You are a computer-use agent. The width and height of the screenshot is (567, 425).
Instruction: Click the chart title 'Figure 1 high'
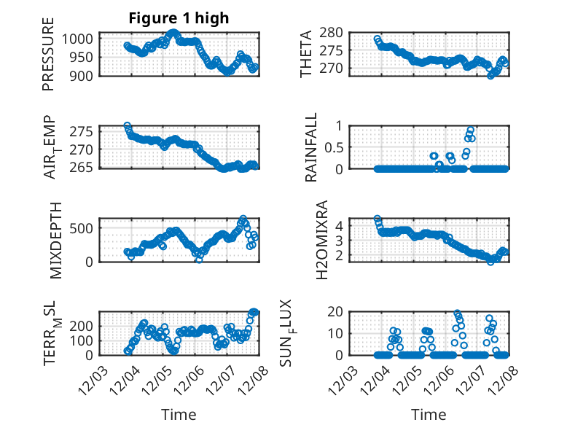[179, 17]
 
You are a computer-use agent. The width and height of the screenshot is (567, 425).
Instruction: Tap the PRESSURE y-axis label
[48, 58]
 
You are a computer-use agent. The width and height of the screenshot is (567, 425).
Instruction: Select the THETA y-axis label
[306, 54]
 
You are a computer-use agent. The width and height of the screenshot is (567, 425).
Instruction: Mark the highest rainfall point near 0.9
[471, 130]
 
